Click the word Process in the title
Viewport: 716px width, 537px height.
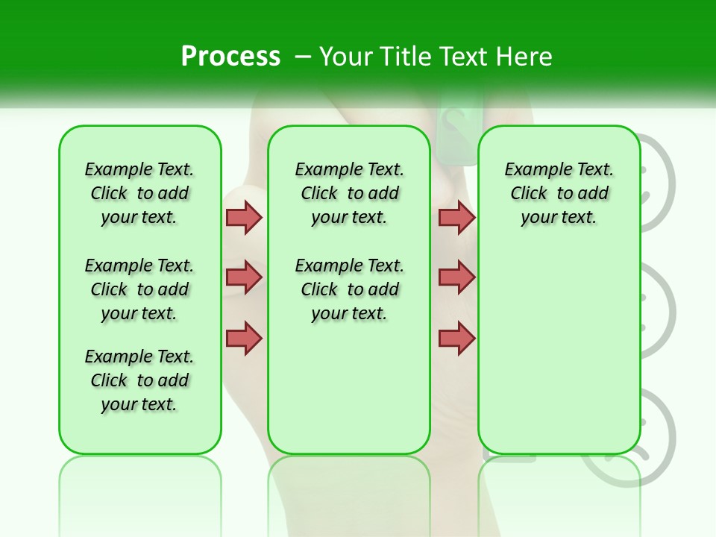click(230, 56)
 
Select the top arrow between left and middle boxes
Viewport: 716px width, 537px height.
click(244, 217)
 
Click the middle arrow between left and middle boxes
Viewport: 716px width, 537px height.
click(244, 277)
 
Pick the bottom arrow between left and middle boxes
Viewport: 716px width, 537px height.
click(244, 337)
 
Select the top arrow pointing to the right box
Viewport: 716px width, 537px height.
click(456, 217)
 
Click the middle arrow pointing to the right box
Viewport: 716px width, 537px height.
click(456, 277)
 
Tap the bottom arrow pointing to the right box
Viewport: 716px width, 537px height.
click(456, 337)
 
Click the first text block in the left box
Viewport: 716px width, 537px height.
click(139, 193)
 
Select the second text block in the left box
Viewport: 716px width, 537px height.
click(139, 289)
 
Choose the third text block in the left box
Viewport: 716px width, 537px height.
click(139, 380)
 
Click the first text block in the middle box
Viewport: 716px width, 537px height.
click(349, 193)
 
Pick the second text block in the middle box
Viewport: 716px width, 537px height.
click(349, 289)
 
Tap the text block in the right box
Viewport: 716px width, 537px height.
click(559, 193)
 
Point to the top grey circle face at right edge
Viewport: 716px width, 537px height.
click(659, 183)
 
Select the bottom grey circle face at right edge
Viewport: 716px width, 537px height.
click(659, 433)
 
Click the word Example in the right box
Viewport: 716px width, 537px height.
click(531, 169)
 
